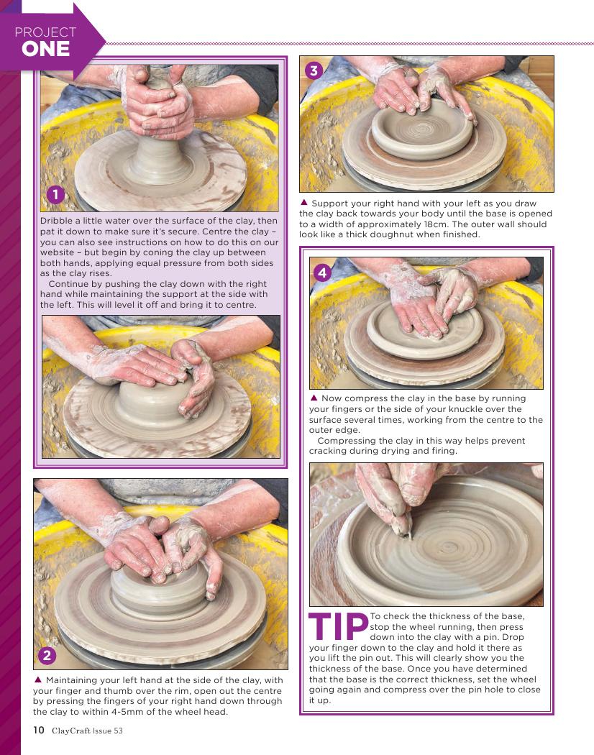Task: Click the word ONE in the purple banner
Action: pos(46,49)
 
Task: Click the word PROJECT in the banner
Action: pos(45,32)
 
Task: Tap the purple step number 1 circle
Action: pos(55,195)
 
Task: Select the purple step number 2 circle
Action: pos(47,655)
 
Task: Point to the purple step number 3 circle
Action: pos(314,70)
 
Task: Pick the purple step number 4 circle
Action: pos(322,273)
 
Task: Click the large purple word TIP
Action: pos(338,626)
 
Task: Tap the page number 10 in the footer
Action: pos(39,730)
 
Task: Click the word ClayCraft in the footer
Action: pos(70,731)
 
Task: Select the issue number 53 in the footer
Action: pos(118,731)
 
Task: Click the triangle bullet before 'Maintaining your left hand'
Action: pos(38,680)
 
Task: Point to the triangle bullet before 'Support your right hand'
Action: pos(303,203)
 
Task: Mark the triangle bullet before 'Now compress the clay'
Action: pos(314,398)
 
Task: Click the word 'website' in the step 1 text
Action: pos(57,252)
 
